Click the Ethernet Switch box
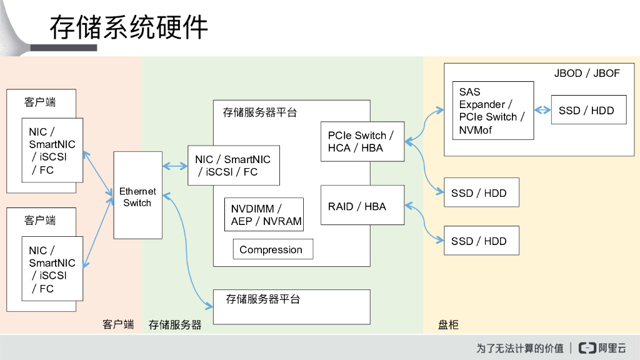[137, 195]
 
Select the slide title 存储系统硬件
[128, 28]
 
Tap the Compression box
[272, 249]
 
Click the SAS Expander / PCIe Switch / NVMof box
[492, 111]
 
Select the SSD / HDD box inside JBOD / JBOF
[588, 111]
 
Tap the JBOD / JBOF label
[587, 73]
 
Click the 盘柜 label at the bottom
[448, 325]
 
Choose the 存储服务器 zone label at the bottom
[175, 325]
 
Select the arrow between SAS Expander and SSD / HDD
[542, 111]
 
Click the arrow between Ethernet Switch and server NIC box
[175, 166]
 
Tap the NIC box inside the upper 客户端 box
[52, 150]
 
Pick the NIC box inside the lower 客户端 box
[52, 269]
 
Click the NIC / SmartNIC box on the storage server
[234, 166]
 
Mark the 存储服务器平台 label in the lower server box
[262, 299]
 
